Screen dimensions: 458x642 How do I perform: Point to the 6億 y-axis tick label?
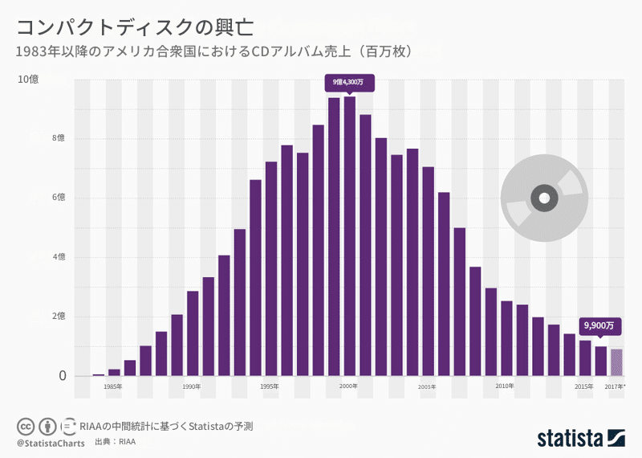click(x=36, y=198)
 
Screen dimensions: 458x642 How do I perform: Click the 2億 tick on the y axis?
click(x=36, y=317)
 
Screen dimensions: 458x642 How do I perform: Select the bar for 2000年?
click(x=350, y=236)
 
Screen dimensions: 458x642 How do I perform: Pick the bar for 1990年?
click(x=193, y=333)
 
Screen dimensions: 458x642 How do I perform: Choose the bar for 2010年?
click(x=506, y=339)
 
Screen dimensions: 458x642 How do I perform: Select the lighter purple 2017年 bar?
click(x=616, y=362)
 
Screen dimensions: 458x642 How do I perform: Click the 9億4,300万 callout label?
click(x=348, y=82)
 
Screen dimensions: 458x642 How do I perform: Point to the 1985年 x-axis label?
click(x=113, y=386)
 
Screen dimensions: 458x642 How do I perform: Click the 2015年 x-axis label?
click(x=584, y=386)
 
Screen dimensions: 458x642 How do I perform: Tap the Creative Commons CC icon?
click(x=25, y=426)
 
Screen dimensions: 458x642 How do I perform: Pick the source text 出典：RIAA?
click(x=115, y=443)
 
